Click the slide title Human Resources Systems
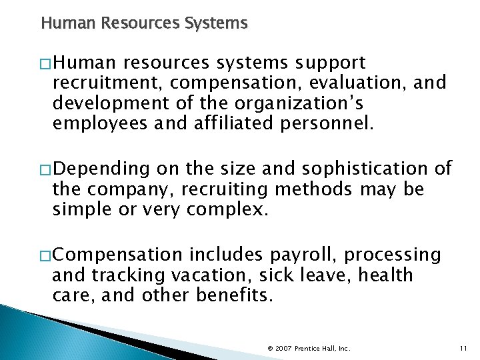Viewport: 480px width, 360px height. click(x=144, y=24)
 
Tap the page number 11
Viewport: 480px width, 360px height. click(x=463, y=348)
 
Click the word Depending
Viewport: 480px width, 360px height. click(x=103, y=169)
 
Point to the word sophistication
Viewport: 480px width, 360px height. click(x=363, y=169)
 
